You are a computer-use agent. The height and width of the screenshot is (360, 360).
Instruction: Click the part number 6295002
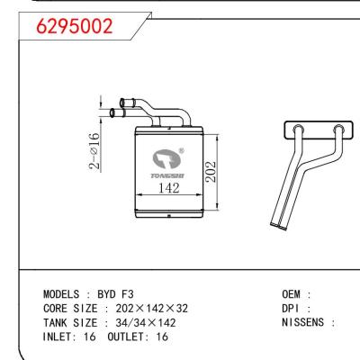[74, 27]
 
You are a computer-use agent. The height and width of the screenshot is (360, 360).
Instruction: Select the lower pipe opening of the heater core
[112, 113]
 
